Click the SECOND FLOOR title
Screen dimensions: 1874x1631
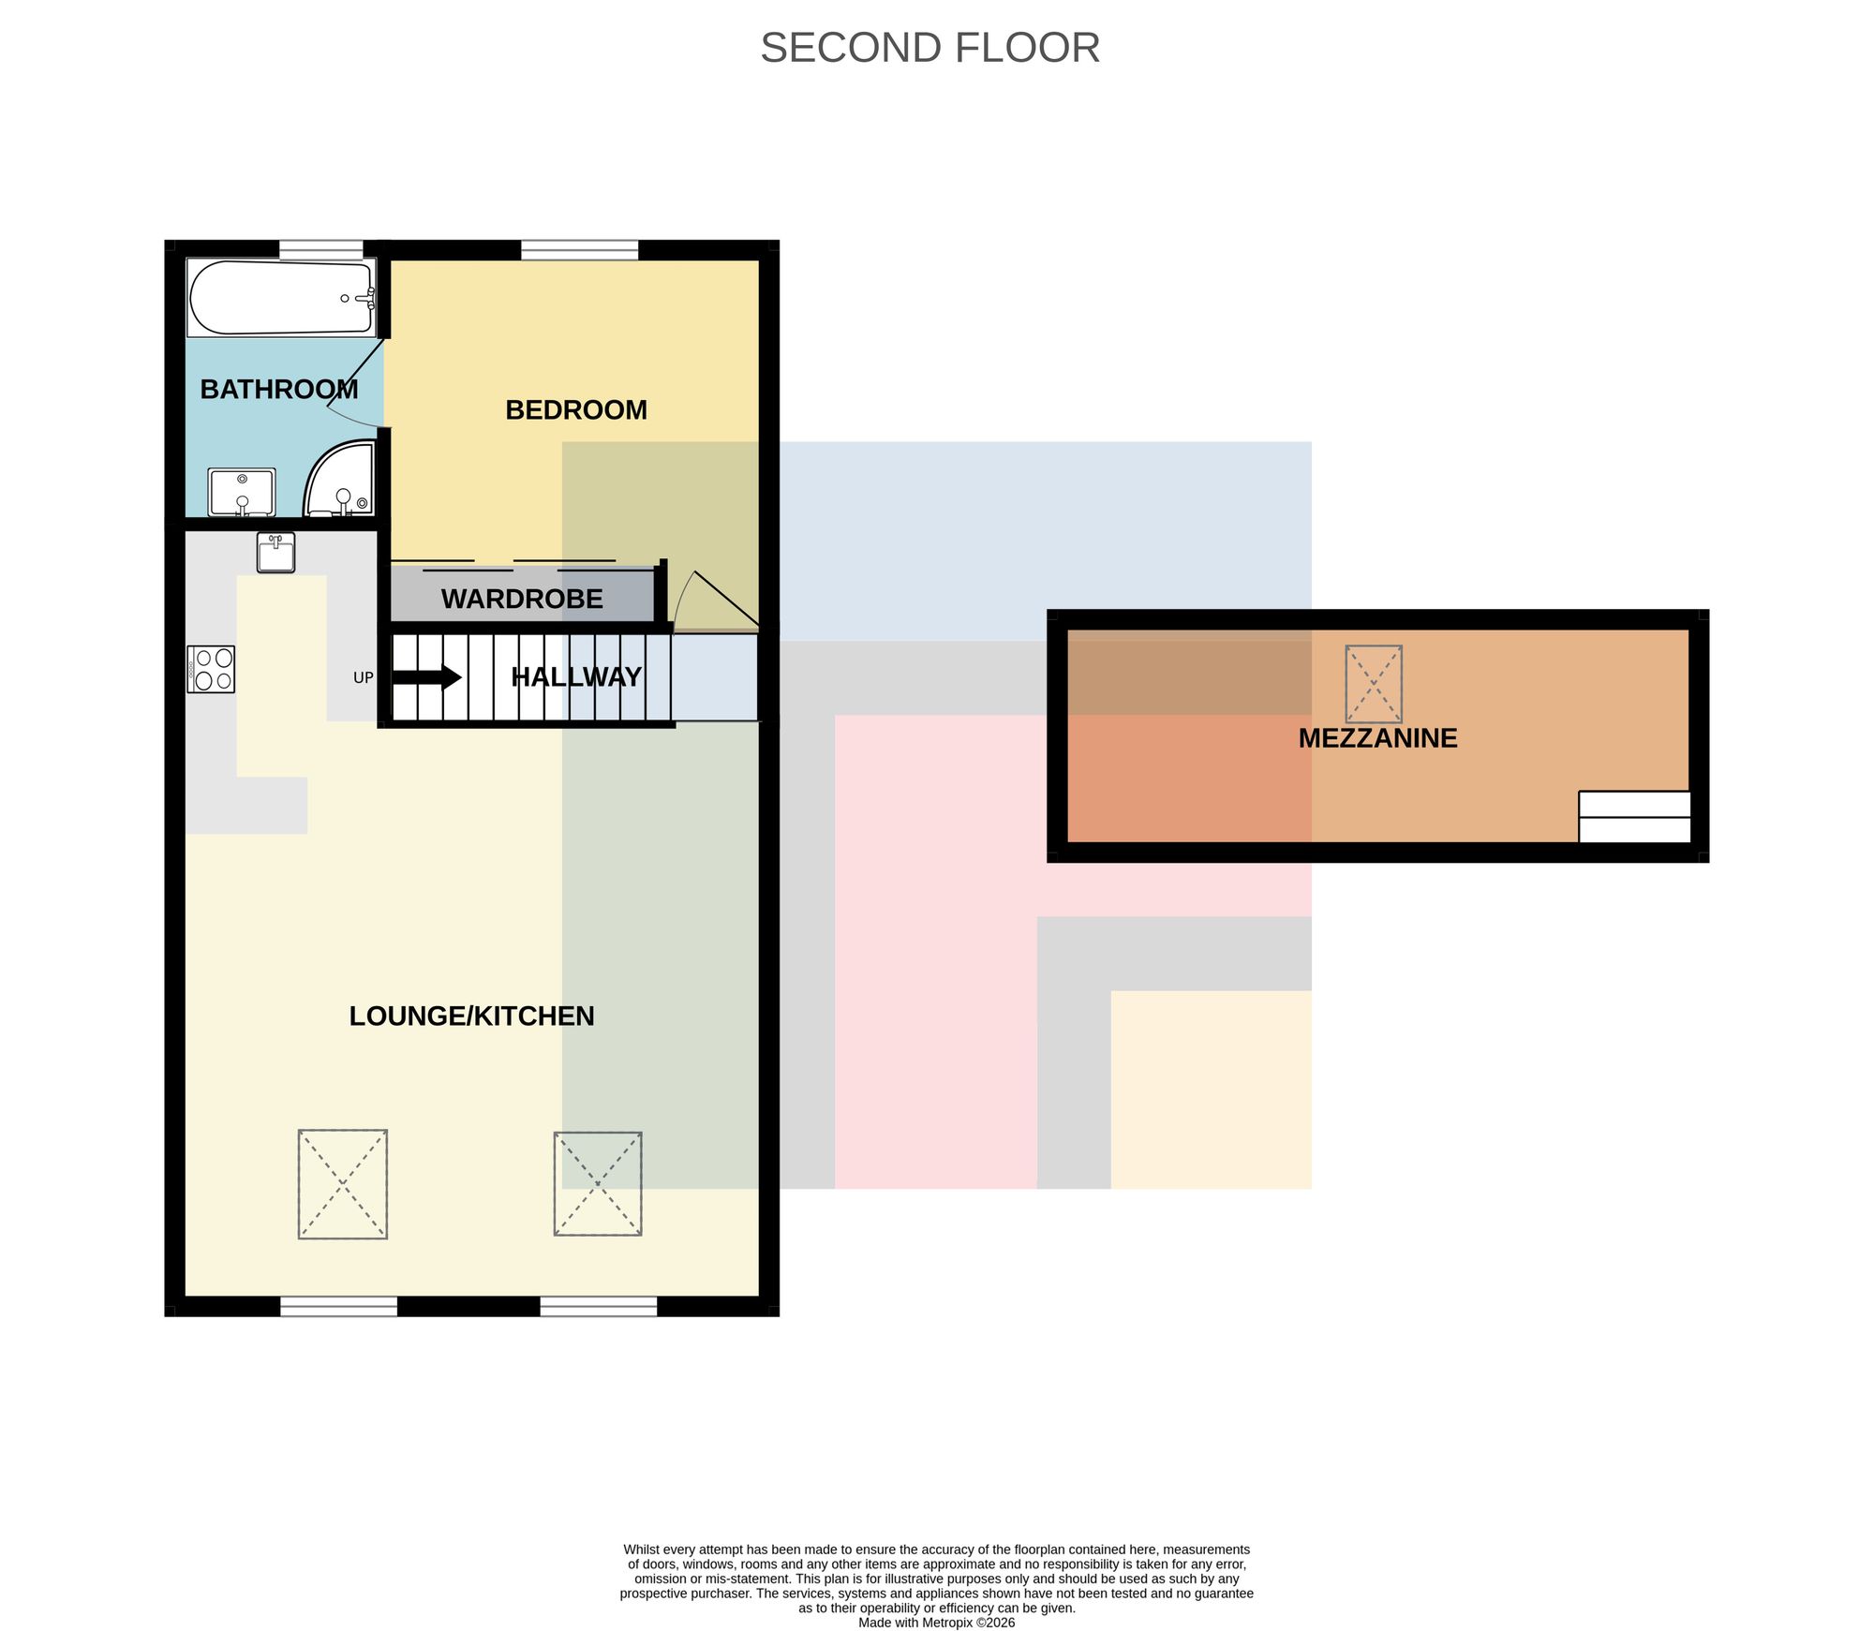tap(930, 48)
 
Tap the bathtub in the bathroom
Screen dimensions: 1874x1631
tap(281, 298)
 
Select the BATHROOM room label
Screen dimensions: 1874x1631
tap(279, 389)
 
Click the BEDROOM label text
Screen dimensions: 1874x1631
tap(576, 409)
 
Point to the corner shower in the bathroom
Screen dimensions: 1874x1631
tap(339, 479)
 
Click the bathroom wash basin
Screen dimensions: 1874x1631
tap(242, 493)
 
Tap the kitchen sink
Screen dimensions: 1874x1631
tap(275, 552)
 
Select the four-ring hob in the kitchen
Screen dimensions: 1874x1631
tap(211, 669)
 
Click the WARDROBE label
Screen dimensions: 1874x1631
tap(522, 599)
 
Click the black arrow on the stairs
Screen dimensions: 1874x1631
tap(426, 676)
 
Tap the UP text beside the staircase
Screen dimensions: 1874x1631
tap(363, 677)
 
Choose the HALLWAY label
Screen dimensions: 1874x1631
tap(576, 676)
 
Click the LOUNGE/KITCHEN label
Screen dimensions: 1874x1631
tap(471, 1016)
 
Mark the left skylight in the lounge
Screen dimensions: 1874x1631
tap(343, 1184)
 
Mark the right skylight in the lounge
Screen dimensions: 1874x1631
tap(598, 1183)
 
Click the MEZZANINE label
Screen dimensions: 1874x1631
tap(1377, 738)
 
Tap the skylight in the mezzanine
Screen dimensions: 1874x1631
tap(1374, 684)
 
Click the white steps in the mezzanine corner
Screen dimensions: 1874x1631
tap(1635, 817)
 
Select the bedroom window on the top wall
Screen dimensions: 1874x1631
tap(580, 250)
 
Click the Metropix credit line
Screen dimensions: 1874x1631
tap(937, 1623)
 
